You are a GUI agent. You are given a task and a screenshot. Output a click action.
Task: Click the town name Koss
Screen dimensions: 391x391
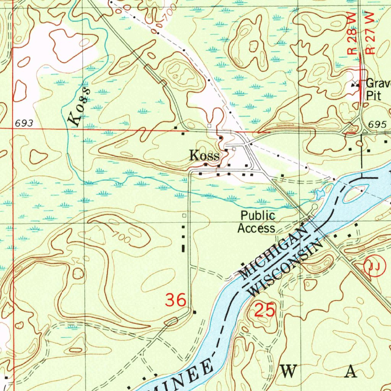click(x=204, y=155)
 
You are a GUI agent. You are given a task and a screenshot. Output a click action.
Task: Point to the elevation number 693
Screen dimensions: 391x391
click(x=24, y=124)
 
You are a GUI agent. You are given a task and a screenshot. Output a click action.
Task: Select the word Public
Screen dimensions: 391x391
click(x=258, y=216)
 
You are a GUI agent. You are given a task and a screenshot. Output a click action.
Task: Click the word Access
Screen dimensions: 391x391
click(x=256, y=228)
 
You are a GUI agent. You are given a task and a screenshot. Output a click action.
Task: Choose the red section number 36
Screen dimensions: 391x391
click(x=176, y=300)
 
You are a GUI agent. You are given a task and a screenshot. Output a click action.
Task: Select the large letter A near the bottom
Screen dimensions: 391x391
click(x=351, y=371)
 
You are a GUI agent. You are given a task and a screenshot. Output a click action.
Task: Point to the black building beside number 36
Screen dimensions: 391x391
click(x=195, y=312)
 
